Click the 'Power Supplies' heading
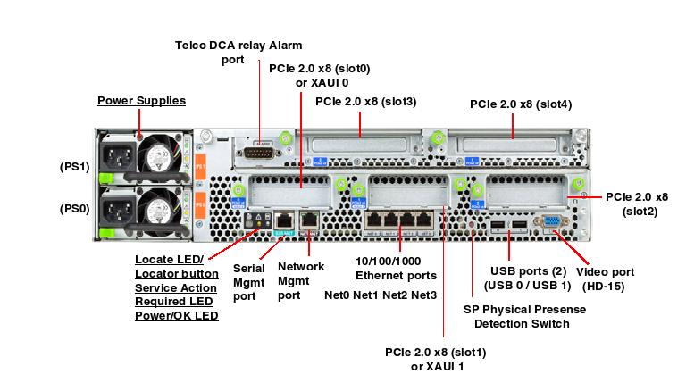pyautogui.click(x=141, y=101)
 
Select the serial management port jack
pyautogui.click(x=284, y=217)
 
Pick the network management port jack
pyautogui.click(x=309, y=217)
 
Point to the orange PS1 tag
pyautogui.click(x=201, y=167)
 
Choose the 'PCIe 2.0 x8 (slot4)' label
pyautogui.click(x=521, y=104)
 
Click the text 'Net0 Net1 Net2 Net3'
pyautogui.click(x=381, y=295)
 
